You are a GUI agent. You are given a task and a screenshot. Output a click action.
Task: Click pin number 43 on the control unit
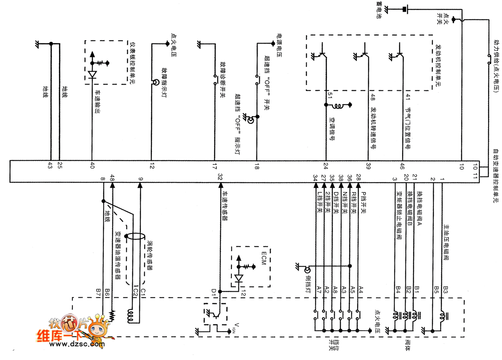coord(50,165)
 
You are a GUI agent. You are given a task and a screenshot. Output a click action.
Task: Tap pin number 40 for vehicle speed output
coord(92,165)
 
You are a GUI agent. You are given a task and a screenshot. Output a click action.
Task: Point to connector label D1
coord(214,290)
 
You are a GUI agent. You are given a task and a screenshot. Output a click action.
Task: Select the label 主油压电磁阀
coord(447,243)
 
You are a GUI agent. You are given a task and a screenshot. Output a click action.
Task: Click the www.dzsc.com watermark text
coord(78,345)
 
